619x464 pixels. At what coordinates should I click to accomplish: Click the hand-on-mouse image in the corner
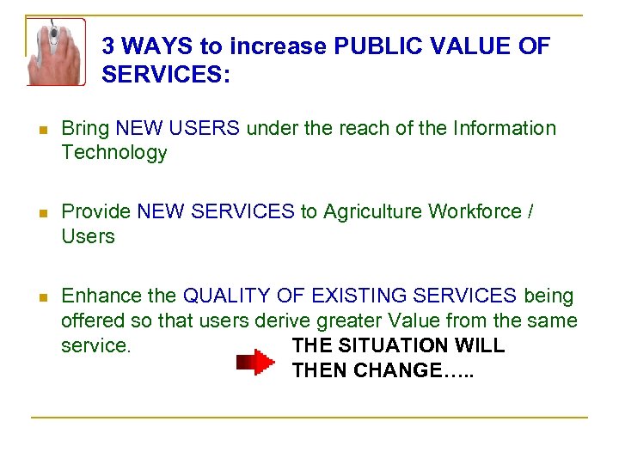55,51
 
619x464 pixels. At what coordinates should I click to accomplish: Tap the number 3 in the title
109,46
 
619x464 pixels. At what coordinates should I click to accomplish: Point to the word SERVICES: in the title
165,75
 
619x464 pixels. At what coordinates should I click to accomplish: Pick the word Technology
113,153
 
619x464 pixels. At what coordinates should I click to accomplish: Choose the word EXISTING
354,296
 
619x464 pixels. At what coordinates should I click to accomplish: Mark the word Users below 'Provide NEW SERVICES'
88,236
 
